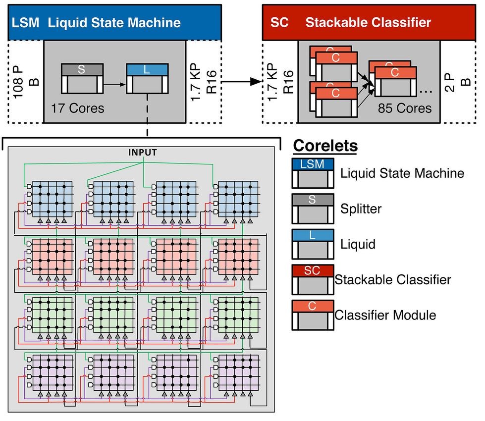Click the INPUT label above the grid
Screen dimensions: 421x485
tap(143, 152)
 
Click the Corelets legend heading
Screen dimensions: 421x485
tap(325, 147)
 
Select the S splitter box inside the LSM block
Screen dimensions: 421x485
tap(82, 78)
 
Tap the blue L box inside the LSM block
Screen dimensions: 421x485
tap(147, 78)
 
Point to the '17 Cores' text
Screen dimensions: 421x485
tap(78, 107)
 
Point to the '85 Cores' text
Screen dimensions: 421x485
tap(405, 107)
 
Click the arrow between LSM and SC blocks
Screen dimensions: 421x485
tap(242, 81)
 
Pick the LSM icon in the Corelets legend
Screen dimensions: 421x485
tap(313, 173)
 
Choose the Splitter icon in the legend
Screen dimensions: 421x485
tap(313, 209)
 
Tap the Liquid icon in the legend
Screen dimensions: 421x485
tap(313, 244)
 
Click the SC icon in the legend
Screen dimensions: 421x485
tap(313, 279)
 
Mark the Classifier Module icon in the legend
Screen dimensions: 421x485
tap(313, 315)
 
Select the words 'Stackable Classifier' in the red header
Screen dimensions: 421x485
tap(368, 23)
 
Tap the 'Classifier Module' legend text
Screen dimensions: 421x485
tap(385, 315)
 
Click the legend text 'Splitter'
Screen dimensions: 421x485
tap(361, 209)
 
